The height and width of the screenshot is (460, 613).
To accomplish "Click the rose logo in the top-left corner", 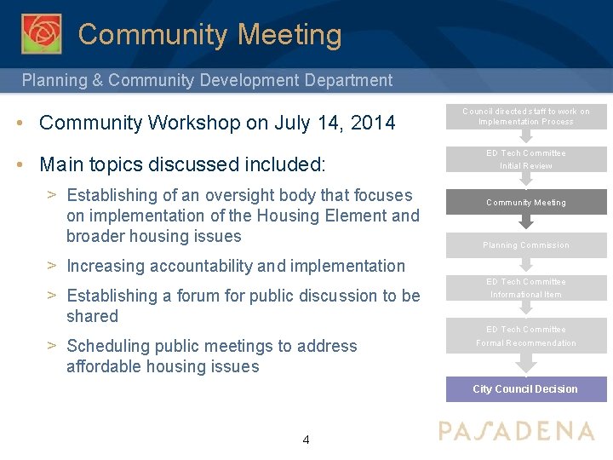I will click(41, 33).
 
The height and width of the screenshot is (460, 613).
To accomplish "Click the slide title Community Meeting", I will click(209, 35).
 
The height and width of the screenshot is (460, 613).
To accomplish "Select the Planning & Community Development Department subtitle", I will click(207, 81).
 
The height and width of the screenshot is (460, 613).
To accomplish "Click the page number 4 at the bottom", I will click(306, 440).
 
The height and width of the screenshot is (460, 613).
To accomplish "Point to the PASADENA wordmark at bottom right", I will click(516, 431).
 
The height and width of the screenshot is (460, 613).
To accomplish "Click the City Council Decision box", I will click(525, 389).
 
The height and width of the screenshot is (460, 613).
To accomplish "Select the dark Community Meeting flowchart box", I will click(525, 202).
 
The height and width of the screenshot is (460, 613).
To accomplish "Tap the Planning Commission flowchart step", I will click(525, 245).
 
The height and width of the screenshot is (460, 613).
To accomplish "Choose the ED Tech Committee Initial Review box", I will click(525, 159).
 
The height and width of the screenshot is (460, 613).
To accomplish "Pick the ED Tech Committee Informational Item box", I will click(525, 288).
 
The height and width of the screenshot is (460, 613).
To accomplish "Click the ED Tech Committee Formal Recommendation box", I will click(525, 336).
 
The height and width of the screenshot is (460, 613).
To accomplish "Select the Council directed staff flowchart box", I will click(525, 116).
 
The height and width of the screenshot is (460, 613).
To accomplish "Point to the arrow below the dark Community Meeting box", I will click(526, 222).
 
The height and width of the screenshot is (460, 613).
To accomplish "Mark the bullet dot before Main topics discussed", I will click(20, 164).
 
